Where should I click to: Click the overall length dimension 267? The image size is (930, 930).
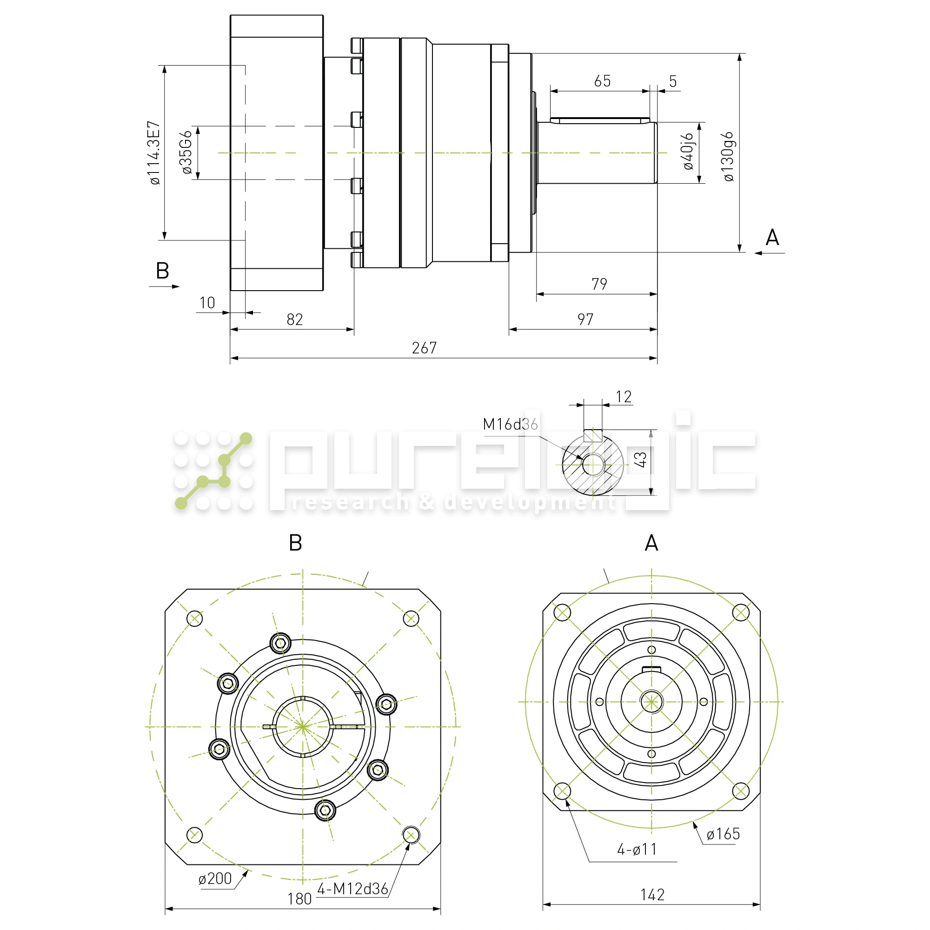[424, 348]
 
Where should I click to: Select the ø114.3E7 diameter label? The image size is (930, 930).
[154, 153]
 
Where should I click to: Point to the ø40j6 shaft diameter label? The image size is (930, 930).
[689, 152]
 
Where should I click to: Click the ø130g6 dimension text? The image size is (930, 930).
[728, 156]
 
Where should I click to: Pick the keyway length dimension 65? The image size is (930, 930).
[602, 81]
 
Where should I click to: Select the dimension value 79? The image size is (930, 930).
[599, 284]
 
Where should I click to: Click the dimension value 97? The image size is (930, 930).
[585, 319]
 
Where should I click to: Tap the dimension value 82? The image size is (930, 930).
[295, 319]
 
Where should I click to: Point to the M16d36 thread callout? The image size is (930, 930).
[510, 424]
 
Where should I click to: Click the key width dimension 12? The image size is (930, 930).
[624, 397]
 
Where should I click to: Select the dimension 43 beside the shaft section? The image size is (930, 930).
[640, 459]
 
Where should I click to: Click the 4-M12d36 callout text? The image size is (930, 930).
[353, 889]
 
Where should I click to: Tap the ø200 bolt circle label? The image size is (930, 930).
[215, 878]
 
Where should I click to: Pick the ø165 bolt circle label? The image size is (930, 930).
[723, 834]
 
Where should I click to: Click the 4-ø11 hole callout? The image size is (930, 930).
[637, 850]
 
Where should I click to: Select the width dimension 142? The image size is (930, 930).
[652, 894]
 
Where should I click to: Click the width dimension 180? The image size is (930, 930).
[299, 899]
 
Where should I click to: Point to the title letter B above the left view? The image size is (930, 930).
[296, 543]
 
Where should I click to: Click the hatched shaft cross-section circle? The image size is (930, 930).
[593, 465]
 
